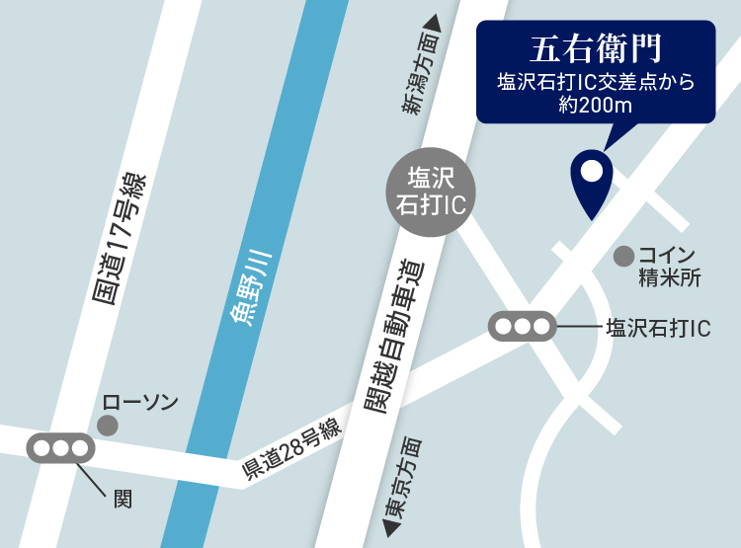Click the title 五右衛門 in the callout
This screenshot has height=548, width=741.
point(595,47)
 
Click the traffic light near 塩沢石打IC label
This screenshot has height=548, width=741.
point(523,326)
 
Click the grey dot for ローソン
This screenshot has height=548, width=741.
point(108,426)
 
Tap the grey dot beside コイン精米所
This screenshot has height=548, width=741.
point(623,256)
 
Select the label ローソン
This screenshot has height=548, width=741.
point(141,402)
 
